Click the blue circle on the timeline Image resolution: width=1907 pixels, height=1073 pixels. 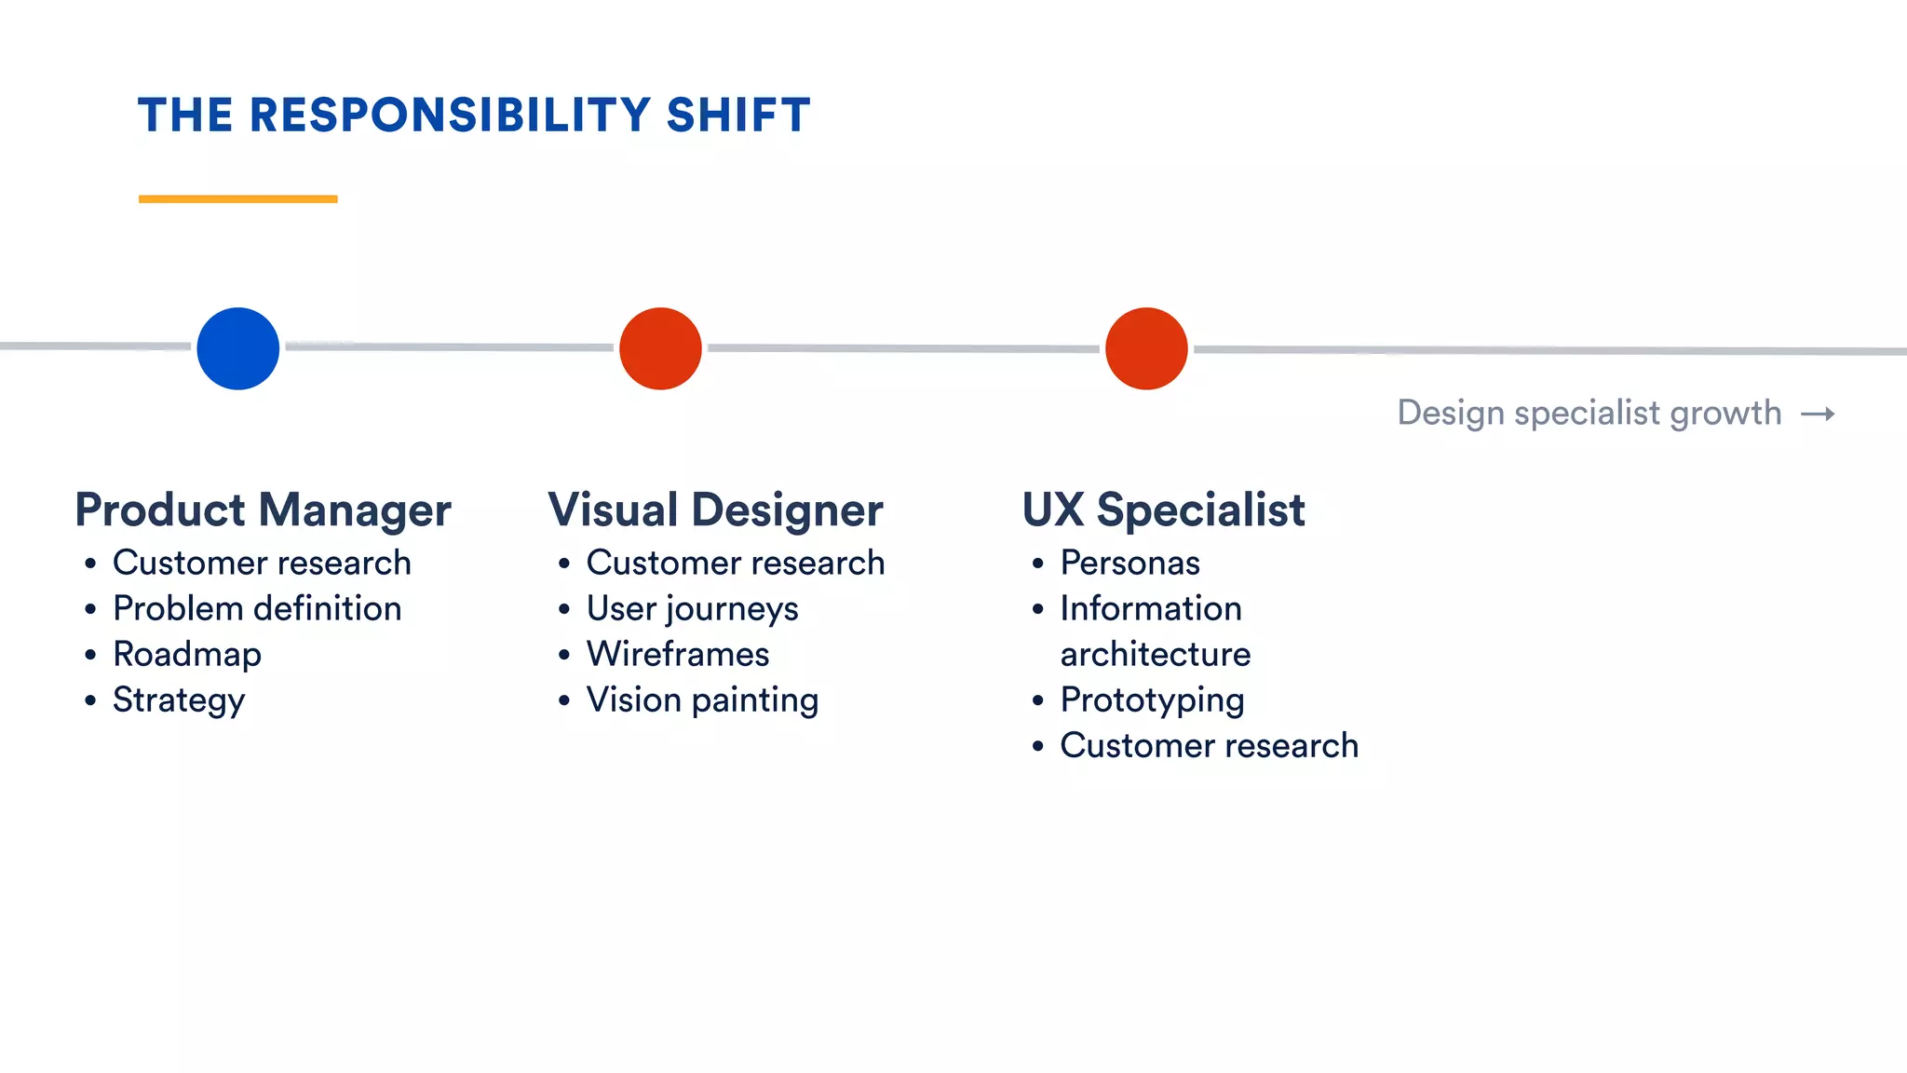[x=238, y=348]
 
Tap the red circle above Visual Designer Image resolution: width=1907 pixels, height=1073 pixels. [x=660, y=348]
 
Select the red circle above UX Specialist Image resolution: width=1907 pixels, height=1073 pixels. [x=1146, y=348]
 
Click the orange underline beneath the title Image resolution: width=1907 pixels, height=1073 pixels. [x=237, y=198]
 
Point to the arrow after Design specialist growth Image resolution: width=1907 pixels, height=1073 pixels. [x=1818, y=414]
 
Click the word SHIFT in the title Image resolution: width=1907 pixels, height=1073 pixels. [x=738, y=115]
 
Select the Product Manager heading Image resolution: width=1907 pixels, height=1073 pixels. [x=263, y=509]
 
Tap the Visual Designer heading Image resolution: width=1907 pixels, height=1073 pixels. [x=715, y=509]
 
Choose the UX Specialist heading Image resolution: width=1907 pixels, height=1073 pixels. [x=1163, y=509]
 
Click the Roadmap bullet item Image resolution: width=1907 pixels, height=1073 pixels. [x=187, y=654]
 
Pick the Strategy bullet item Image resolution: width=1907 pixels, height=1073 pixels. [x=179, y=700]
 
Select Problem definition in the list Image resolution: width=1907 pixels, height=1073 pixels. [x=257, y=608]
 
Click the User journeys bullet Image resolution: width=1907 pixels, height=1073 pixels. [x=692, y=609]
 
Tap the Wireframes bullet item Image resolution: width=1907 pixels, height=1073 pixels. [x=678, y=654]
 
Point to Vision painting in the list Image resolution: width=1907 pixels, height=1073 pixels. [x=702, y=700]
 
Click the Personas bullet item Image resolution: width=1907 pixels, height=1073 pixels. [x=1129, y=563]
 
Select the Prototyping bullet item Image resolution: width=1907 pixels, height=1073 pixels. [x=1152, y=700]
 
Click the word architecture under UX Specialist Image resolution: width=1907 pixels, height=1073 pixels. [x=1156, y=654]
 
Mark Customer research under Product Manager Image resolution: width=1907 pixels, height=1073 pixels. [x=262, y=563]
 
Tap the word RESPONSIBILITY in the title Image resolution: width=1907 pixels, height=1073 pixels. [x=450, y=115]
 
